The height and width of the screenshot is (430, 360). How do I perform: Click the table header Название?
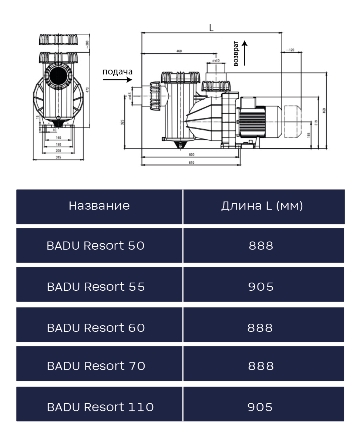(x=99, y=206)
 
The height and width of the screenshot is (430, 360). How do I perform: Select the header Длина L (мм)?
(x=262, y=206)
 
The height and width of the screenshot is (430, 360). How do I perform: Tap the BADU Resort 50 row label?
(x=95, y=246)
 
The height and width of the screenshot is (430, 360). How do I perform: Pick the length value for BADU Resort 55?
(x=261, y=286)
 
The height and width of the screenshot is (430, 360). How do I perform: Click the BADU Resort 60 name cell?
(x=95, y=327)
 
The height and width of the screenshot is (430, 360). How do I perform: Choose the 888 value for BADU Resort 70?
(x=261, y=366)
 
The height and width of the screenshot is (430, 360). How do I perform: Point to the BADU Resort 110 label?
(x=100, y=407)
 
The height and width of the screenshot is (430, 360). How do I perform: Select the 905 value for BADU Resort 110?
(x=261, y=407)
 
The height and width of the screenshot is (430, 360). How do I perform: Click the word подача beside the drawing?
(x=117, y=71)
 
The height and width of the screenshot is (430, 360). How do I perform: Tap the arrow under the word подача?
(x=118, y=80)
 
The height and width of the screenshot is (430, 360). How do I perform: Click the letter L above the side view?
(x=211, y=28)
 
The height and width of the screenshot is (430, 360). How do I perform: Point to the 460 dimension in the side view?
(x=179, y=51)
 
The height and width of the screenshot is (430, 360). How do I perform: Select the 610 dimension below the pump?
(x=191, y=162)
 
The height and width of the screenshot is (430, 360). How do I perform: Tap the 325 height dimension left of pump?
(x=122, y=122)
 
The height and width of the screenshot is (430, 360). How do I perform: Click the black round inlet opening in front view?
(x=58, y=77)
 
